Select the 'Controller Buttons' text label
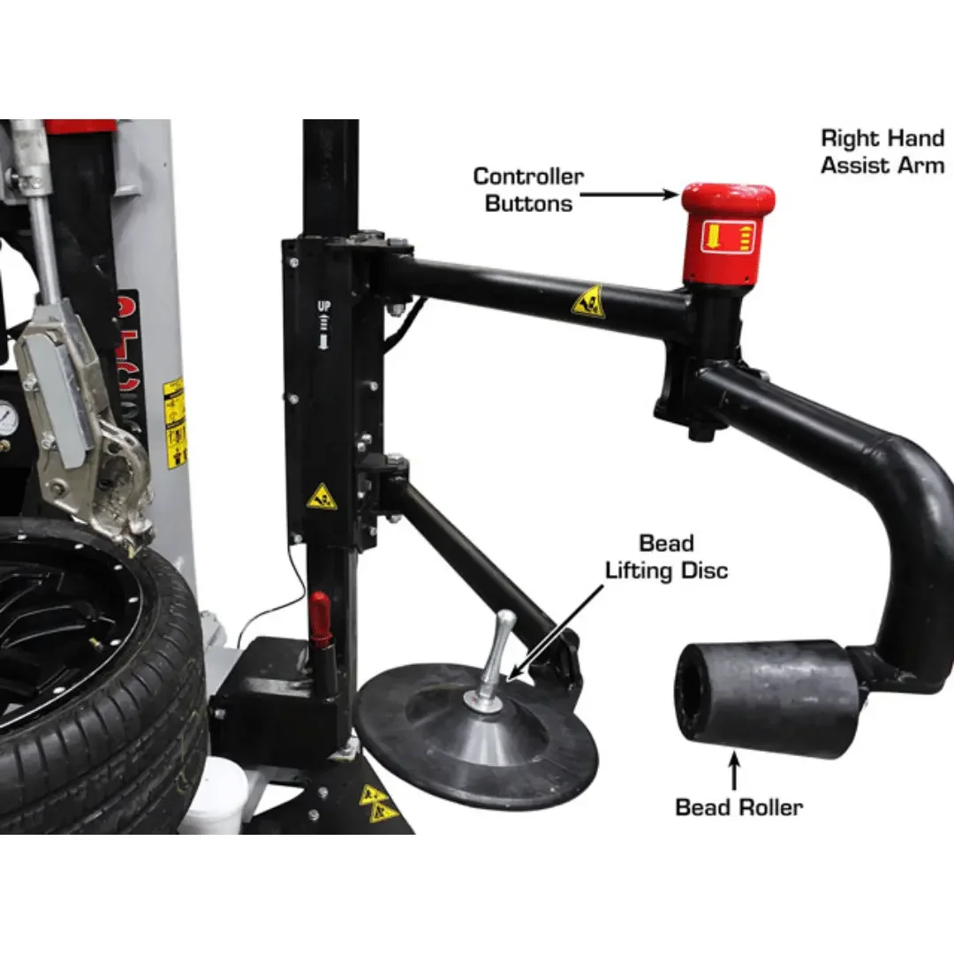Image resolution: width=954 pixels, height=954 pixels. click(528, 189)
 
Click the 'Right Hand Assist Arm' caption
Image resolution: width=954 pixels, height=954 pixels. click(882, 151)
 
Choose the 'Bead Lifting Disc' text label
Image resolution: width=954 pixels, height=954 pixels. click(666, 556)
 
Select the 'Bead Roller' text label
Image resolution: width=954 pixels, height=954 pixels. click(738, 806)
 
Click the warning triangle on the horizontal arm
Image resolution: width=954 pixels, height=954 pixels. click(587, 303)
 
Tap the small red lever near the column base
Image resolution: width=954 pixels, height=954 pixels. click(319, 618)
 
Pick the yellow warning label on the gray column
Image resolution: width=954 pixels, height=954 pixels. click(176, 423)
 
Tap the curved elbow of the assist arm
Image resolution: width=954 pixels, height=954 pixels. click(910, 495)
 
